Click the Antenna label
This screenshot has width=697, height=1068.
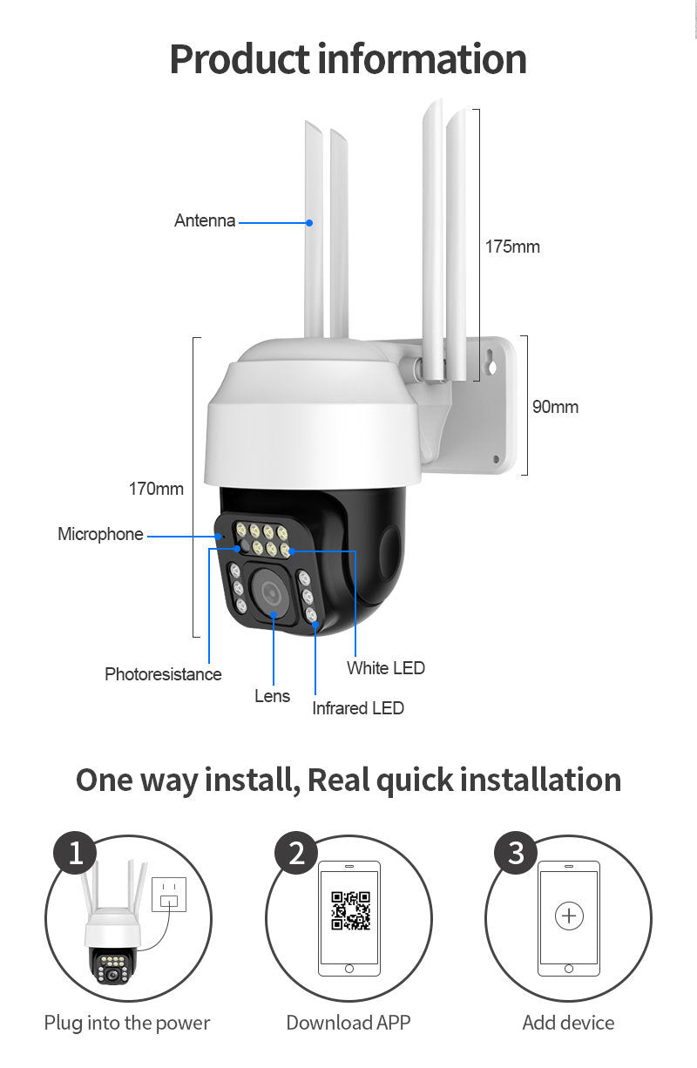205,220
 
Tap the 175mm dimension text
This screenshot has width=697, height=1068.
512,247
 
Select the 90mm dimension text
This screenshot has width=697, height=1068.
555,407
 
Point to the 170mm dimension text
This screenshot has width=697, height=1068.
156,489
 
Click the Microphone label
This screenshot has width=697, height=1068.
100,534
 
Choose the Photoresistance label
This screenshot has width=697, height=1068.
163,674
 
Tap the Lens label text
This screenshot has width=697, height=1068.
272,696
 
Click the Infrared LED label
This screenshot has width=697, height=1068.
358,708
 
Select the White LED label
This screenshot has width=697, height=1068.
386,668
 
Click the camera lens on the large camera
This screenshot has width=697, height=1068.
270,591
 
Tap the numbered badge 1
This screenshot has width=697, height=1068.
75,853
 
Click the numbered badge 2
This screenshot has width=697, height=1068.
296,853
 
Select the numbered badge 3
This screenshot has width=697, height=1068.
516,853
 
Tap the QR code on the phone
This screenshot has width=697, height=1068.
350,910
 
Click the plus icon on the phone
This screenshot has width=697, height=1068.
569,916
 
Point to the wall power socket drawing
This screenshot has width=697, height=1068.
169,895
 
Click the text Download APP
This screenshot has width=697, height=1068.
348,1023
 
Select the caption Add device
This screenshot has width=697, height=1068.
568,1023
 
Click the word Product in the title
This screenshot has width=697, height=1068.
240,59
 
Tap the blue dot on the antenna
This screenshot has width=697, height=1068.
309,223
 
